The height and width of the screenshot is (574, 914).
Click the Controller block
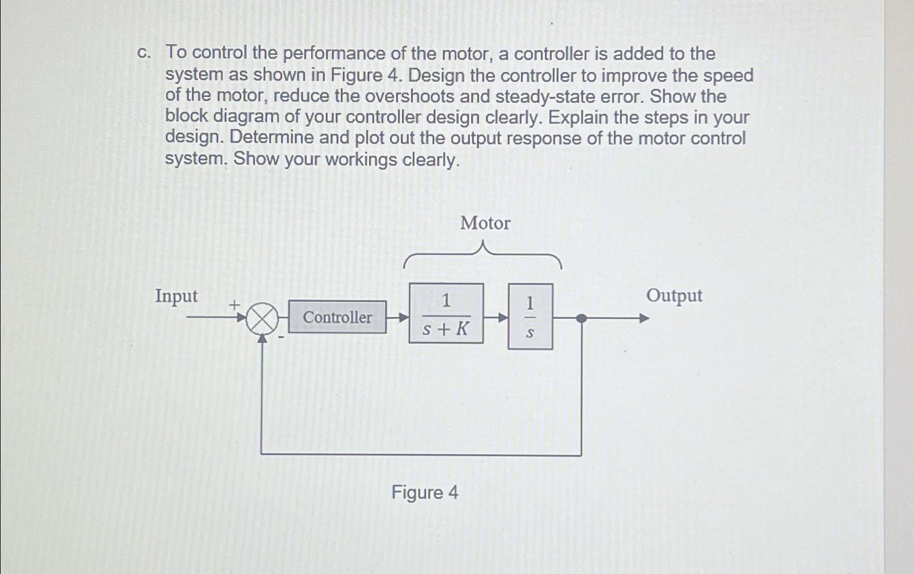click(337, 317)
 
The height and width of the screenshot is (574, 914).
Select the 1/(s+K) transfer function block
click(446, 314)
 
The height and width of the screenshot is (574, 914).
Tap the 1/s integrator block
click(530, 316)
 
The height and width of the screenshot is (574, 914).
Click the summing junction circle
click(262, 319)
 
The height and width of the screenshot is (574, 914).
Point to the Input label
click(176, 296)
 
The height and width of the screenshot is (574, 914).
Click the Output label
click(674, 296)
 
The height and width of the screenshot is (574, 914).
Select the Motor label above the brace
click(485, 223)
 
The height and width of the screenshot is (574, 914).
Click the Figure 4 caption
click(425, 492)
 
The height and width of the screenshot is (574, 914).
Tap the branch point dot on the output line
click(581, 318)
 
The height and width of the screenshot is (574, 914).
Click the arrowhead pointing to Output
click(644, 318)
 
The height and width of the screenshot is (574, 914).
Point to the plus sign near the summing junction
click(234, 305)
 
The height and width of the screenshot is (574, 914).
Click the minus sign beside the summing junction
click(281, 337)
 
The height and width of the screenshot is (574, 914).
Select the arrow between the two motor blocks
click(497, 318)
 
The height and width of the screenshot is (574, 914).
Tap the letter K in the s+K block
click(462, 328)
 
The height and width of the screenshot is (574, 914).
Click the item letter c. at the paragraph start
click(144, 53)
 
